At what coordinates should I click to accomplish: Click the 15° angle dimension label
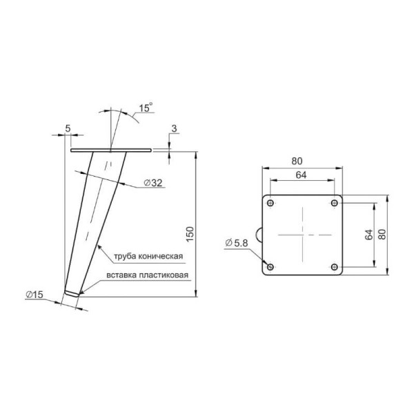pos(146,108)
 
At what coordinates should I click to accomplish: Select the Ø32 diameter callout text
pos(153,182)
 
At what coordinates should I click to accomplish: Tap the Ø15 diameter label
pos(34,295)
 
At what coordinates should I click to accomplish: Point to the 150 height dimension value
pos(190,234)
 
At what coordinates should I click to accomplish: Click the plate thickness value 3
pos(175,128)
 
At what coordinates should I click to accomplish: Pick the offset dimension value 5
pos(68,128)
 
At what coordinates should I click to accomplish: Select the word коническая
pos(161,257)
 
